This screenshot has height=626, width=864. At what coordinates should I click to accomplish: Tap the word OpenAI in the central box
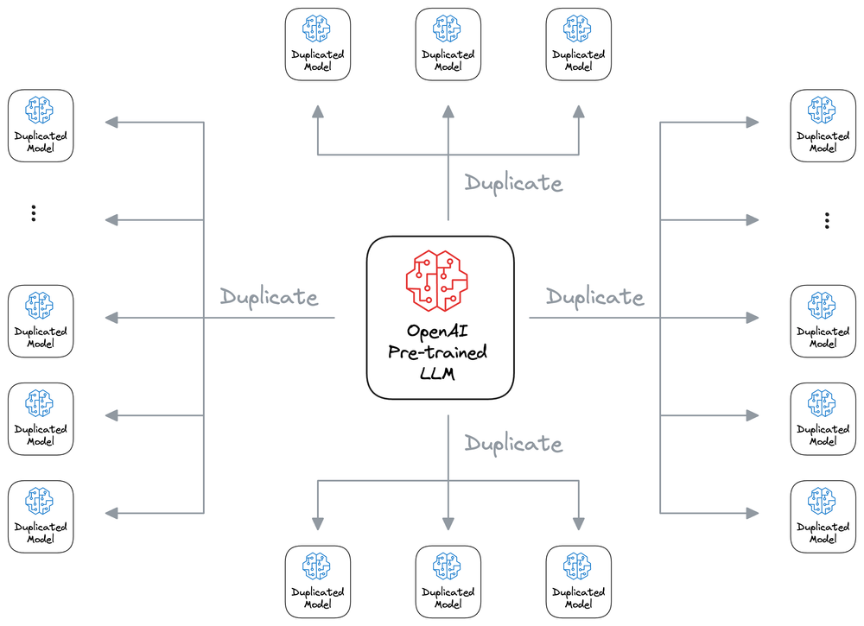point(441,332)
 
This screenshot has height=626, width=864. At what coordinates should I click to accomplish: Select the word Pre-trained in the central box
point(441,352)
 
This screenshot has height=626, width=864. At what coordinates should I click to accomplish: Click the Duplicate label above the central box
point(513,183)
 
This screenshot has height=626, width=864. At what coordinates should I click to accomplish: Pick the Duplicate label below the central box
point(513,444)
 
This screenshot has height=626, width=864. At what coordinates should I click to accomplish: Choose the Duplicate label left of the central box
point(269,297)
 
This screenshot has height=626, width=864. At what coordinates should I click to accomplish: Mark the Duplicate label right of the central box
point(594,297)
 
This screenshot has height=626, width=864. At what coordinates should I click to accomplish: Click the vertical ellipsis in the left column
point(33,213)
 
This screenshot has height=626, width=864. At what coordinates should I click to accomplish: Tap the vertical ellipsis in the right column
point(827,221)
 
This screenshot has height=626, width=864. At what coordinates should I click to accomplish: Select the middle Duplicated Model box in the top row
point(448,45)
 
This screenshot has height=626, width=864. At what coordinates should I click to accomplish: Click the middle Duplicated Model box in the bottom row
point(448,581)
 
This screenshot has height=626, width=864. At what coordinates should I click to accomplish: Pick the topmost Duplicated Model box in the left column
point(41,126)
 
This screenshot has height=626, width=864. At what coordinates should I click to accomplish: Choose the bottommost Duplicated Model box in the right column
point(823,516)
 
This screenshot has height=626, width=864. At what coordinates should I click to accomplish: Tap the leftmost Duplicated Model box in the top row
point(318,45)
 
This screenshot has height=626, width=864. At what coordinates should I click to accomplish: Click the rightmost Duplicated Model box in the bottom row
point(578,581)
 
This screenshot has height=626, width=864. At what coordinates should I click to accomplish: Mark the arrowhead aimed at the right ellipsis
point(753,220)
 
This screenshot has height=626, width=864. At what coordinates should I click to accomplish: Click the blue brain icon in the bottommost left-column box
point(41,500)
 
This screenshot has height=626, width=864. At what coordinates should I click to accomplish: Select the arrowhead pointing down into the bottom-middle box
point(448,523)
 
